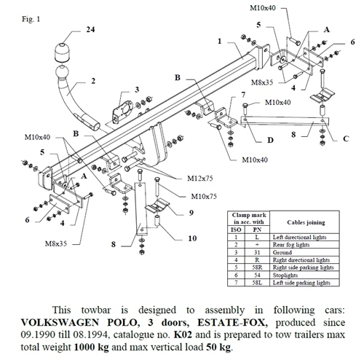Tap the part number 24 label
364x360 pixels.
click(x=90, y=31)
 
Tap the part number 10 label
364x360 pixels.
click(x=192, y=238)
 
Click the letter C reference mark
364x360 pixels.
click(x=344, y=138)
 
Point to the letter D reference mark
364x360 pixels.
click(x=271, y=138)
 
